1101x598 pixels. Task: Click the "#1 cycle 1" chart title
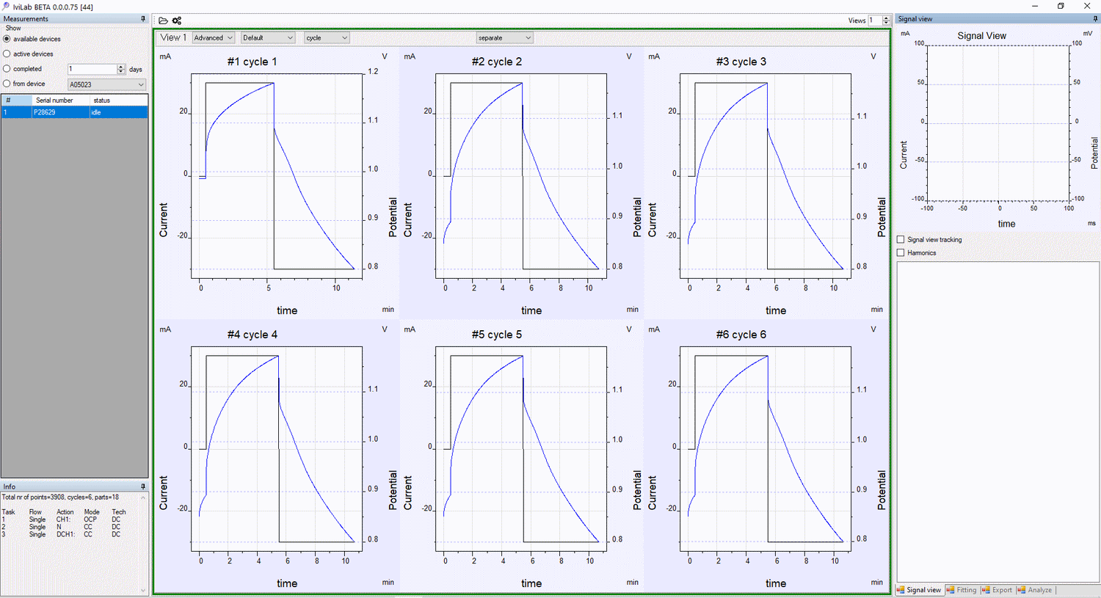point(252,62)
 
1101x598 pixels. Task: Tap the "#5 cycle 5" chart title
point(496,335)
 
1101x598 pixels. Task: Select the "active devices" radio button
point(7,54)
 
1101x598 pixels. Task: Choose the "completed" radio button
point(7,69)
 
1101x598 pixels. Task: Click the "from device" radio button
point(7,84)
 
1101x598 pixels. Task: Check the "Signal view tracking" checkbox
point(901,239)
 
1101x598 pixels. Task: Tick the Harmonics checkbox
point(901,252)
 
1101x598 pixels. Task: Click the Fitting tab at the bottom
point(962,590)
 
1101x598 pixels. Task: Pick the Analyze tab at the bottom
point(1035,590)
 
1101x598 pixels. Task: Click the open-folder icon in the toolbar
point(163,21)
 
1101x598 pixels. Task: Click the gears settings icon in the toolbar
point(177,21)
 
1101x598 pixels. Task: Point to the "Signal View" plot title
point(981,35)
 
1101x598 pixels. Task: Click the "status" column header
point(102,100)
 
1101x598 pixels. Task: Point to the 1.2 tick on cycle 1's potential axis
point(373,71)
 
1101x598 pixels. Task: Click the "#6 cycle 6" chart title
point(741,335)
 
